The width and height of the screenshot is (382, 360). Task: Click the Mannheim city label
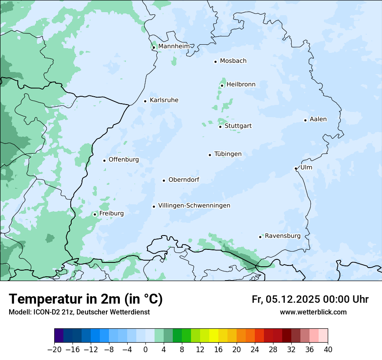click(174, 46)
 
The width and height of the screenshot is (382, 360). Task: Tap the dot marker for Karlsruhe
click(145, 101)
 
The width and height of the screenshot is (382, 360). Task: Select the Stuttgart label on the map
click(238, 126)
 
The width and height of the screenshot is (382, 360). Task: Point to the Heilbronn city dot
click(222, 85)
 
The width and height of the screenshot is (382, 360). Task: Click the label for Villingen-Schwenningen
click(194, 206)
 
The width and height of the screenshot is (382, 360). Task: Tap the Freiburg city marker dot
click(95, 214)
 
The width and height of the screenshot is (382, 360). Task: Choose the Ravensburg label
click(283, 236)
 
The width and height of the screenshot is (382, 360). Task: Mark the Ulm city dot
click(296, 168)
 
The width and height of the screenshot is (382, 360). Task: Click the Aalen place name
click(318, 119)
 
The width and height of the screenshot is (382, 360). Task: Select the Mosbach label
click(233, 61)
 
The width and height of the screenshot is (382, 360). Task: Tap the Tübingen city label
click(228, 154)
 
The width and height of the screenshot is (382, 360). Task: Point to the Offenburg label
click(124, 160)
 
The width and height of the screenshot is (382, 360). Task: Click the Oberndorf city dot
click(164, 180)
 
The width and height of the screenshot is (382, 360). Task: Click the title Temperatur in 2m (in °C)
click(86, 299)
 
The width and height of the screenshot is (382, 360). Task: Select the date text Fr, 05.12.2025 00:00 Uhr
click(310, 300)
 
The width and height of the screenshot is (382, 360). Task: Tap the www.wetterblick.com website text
click(313, 312)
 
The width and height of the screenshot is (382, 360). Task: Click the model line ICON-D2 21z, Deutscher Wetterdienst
click(79, 312)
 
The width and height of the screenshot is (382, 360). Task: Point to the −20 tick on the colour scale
click(55, 350)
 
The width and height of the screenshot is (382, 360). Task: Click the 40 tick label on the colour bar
click(328, 350)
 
